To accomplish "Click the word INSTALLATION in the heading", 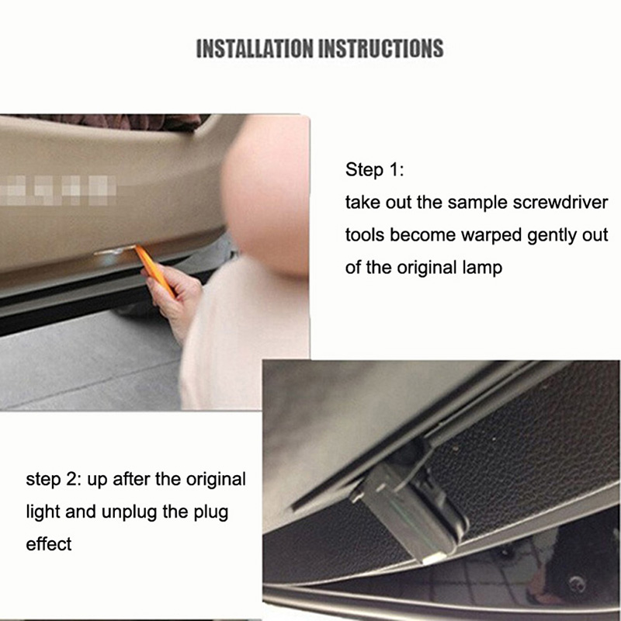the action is pos(255,49).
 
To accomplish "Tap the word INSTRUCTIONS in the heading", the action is pos(381,49).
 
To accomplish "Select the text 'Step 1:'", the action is pos(374,170).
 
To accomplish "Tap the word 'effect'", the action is pos(49,544).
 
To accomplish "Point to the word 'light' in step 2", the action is pos(43,512).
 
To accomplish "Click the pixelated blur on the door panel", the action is pos(57,190).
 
